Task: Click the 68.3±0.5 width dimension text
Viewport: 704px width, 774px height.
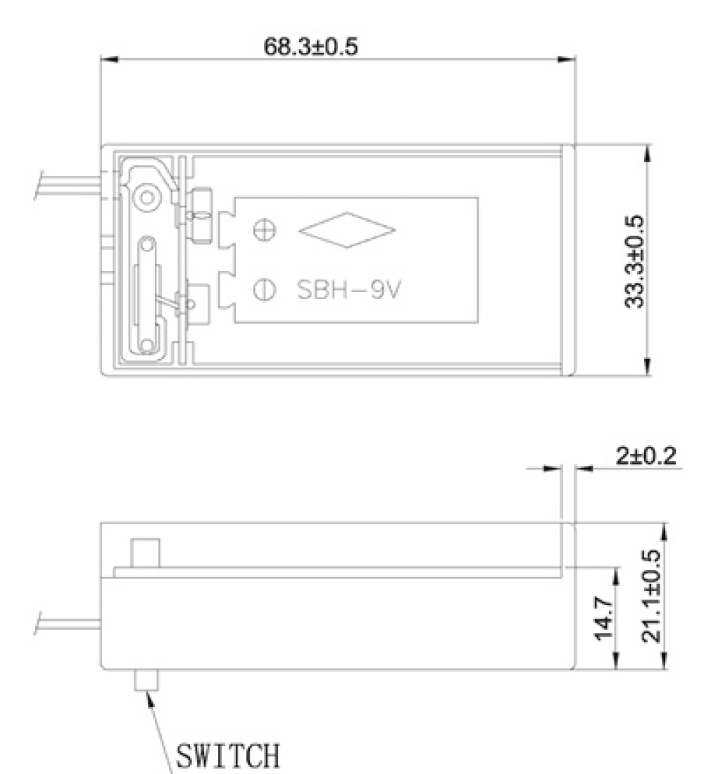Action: click(310, 47)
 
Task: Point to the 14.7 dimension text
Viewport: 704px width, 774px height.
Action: click(603, 618)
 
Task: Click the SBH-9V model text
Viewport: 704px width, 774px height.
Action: click(346, 290)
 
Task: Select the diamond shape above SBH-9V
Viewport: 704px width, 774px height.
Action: click(347, 230)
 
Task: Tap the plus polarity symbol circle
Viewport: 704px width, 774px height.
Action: click(259, 230)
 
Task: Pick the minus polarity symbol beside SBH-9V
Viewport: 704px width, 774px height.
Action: click(259, 289)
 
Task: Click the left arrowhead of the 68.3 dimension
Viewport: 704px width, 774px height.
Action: click(111, 60)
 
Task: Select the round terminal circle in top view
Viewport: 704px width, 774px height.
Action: click(146, 198)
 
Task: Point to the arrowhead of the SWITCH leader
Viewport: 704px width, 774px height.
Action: click(149, 700)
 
